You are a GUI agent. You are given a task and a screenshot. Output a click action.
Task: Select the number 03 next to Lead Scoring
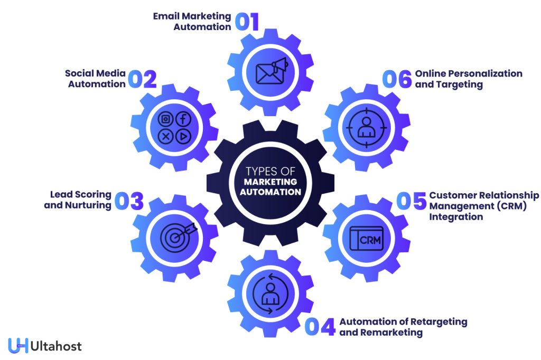pos(129,201)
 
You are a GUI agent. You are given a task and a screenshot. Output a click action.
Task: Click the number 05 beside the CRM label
pos(412,201)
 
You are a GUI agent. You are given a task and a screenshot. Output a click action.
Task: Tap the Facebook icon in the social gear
pos(183,119)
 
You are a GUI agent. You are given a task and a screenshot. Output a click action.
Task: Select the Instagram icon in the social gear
pos(166,119)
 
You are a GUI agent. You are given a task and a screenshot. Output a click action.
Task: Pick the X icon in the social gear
pos(166,136)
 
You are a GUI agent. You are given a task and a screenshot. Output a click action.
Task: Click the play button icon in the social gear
pos(183,136)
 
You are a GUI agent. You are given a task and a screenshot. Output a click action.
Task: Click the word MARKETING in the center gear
pos(270,182)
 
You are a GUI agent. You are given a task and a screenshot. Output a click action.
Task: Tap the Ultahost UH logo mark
pos(18,346)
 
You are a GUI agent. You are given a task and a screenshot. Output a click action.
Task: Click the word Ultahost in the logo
pos(56,346)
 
